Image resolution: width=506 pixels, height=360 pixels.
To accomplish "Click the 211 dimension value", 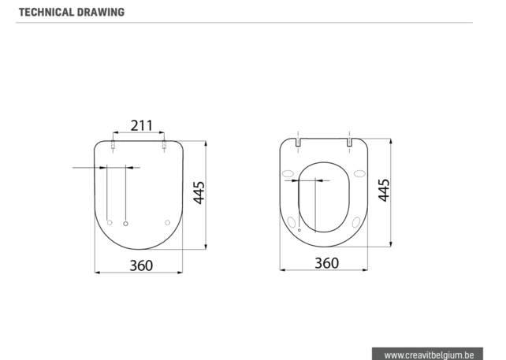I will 141,125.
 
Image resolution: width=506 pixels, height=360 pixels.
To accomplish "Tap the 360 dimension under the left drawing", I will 141,265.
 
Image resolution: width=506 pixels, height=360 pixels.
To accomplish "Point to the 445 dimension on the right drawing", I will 384,190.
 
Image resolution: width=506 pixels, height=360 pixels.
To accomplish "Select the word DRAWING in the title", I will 102,12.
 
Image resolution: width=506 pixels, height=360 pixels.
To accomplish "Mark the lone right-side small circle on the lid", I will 167,223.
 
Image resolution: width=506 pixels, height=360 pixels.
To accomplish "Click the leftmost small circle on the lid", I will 110,223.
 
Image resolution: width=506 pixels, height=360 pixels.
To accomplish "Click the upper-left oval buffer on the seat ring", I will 288,173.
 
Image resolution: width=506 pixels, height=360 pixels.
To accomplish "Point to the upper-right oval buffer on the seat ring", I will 359,173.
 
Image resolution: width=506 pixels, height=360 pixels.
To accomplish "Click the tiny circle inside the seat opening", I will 300,230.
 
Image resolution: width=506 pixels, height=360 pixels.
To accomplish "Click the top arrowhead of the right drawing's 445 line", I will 391,141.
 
